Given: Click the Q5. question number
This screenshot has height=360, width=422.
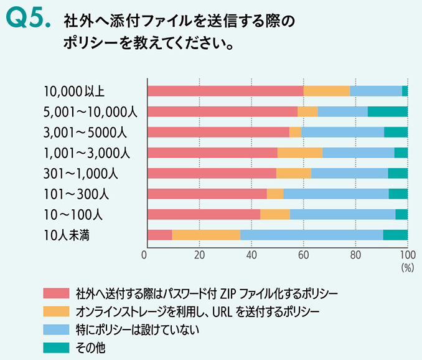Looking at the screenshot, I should tap(27, 21).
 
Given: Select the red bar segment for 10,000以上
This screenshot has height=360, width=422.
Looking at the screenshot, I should tap(225, 91).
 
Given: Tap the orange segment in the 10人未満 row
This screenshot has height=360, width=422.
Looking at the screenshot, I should tap(206, 235).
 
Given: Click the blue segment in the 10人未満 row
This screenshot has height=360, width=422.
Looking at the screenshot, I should tap(311, 235).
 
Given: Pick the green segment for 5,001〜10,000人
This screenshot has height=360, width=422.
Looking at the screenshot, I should tap(387, 111).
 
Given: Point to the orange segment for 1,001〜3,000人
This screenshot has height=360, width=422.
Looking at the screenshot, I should tap(299, 153).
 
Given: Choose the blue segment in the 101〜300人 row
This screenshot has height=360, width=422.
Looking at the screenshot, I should tap(336, 194).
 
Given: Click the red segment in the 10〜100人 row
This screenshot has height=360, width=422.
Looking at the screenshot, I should tap(204, 214).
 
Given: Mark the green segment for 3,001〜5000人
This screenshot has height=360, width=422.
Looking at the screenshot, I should tap(395, 132).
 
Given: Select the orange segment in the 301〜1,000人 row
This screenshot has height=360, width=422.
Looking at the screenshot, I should tap(293, 173).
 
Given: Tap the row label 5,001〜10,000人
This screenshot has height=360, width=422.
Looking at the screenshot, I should tap(90, 112).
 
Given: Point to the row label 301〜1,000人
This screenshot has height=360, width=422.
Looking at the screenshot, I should tap(83, 174).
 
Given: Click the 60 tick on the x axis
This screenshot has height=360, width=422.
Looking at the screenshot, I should tap(303, 255).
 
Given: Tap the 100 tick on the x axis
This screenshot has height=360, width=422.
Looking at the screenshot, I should tap(407, 255).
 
